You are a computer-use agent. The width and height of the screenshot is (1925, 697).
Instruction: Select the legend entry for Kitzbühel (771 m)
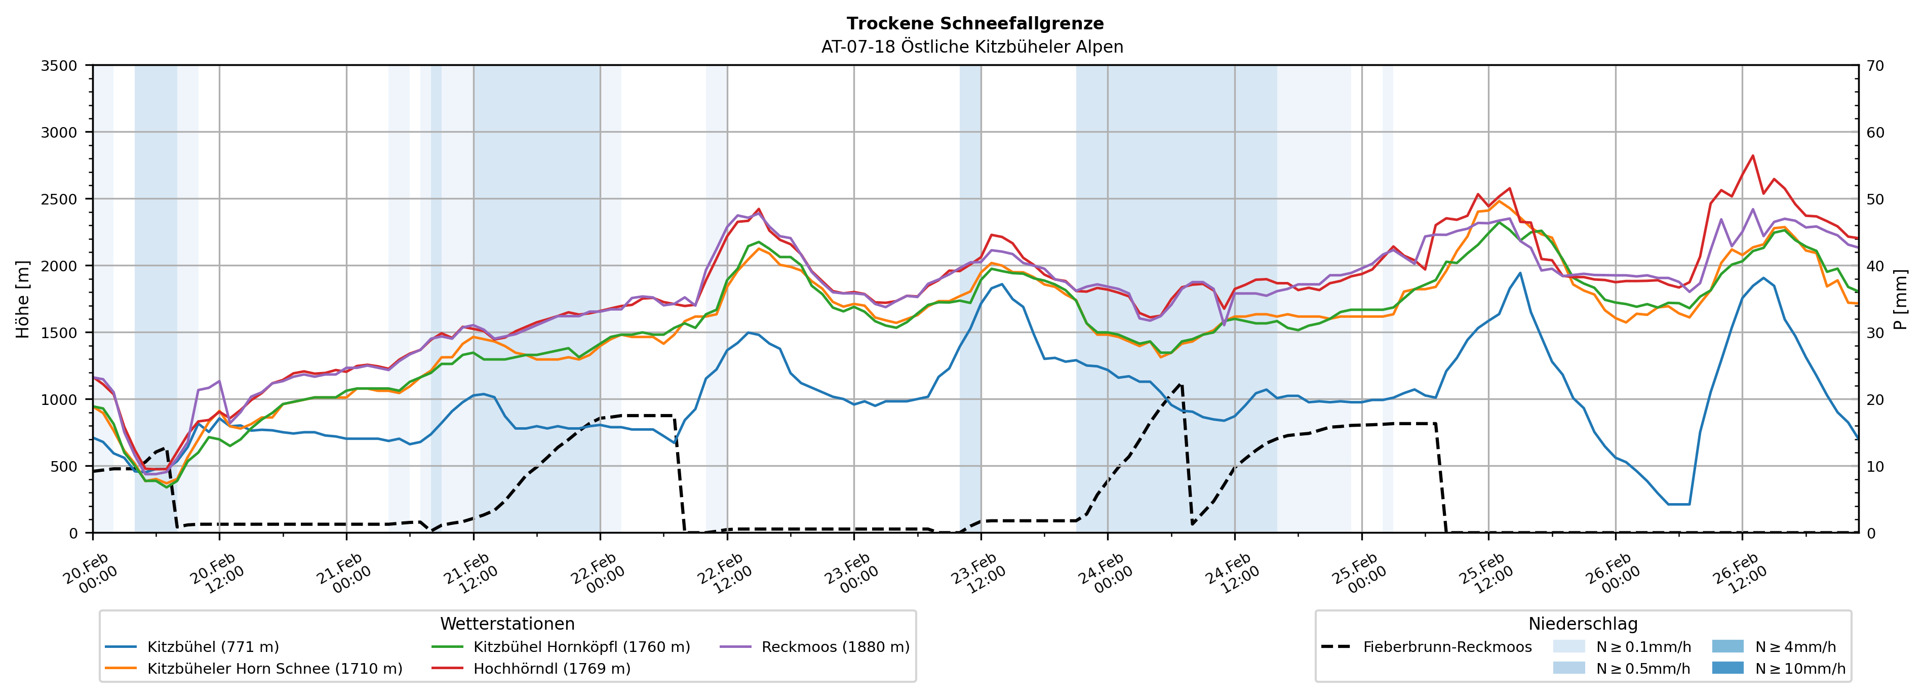coord(213,647)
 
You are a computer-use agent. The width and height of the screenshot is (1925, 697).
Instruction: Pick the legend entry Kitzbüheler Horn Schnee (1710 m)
coord(274,669)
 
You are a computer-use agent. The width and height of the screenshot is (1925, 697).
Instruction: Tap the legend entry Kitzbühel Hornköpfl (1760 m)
coord(581,647)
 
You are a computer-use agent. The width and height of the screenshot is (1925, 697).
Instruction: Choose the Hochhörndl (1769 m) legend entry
coord(552,669)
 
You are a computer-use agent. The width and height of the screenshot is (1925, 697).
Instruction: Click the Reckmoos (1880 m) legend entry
coord(835,647)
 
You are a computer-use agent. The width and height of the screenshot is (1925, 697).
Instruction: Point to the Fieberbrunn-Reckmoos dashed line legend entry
coord(1447,647)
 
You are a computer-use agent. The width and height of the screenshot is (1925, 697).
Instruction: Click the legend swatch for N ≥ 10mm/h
coord(1727,668)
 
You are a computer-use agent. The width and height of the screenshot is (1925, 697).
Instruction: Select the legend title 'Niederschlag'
coord(1583,624)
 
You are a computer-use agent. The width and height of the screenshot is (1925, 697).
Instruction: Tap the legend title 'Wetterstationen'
coord(507,624)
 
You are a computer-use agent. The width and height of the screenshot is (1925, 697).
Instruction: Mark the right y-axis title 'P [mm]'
coord(1900,299)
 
